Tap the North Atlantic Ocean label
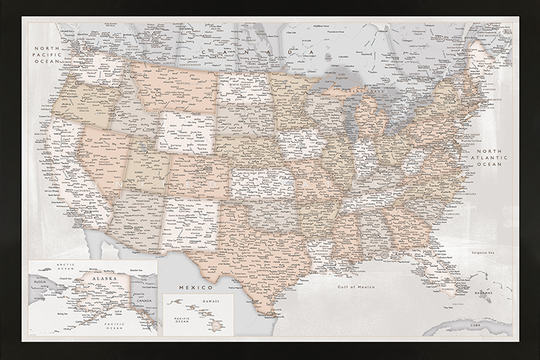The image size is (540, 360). (x=490, y=156)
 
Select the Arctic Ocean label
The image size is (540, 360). (x=54, y=270)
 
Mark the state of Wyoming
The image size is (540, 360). (x=186, y=130)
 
